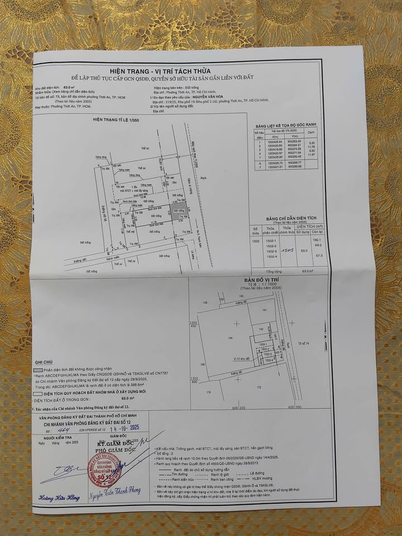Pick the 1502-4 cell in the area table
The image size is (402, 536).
point(271,256)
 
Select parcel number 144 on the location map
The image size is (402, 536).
point(229,338)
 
